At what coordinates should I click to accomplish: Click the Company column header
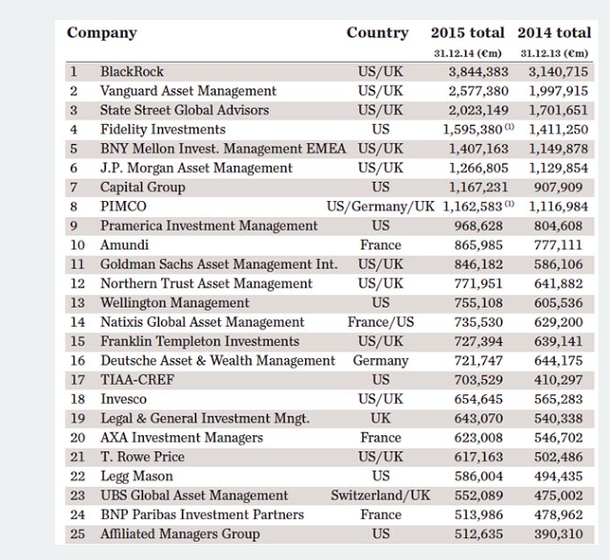coord(102,33)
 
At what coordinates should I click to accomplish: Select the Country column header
coord(377,33)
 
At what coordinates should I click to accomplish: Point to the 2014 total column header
coord(555,33)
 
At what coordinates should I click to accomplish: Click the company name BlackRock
coord(132,71)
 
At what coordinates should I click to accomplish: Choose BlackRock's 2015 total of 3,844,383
coord(478,71)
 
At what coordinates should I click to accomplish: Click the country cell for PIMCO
coord(380,206)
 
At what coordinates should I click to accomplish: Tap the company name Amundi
coord(125,245)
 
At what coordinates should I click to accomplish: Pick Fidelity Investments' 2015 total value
coord(473,130)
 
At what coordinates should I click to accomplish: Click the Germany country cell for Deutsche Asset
coord(380,361)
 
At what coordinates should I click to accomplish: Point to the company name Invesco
coord(124,399)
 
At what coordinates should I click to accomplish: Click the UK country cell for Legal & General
coord(380,418)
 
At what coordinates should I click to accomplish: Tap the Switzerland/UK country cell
coord(380,495)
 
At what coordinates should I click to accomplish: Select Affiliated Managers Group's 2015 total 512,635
coord(482,534)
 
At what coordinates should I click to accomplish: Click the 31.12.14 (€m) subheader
coord(471,53)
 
